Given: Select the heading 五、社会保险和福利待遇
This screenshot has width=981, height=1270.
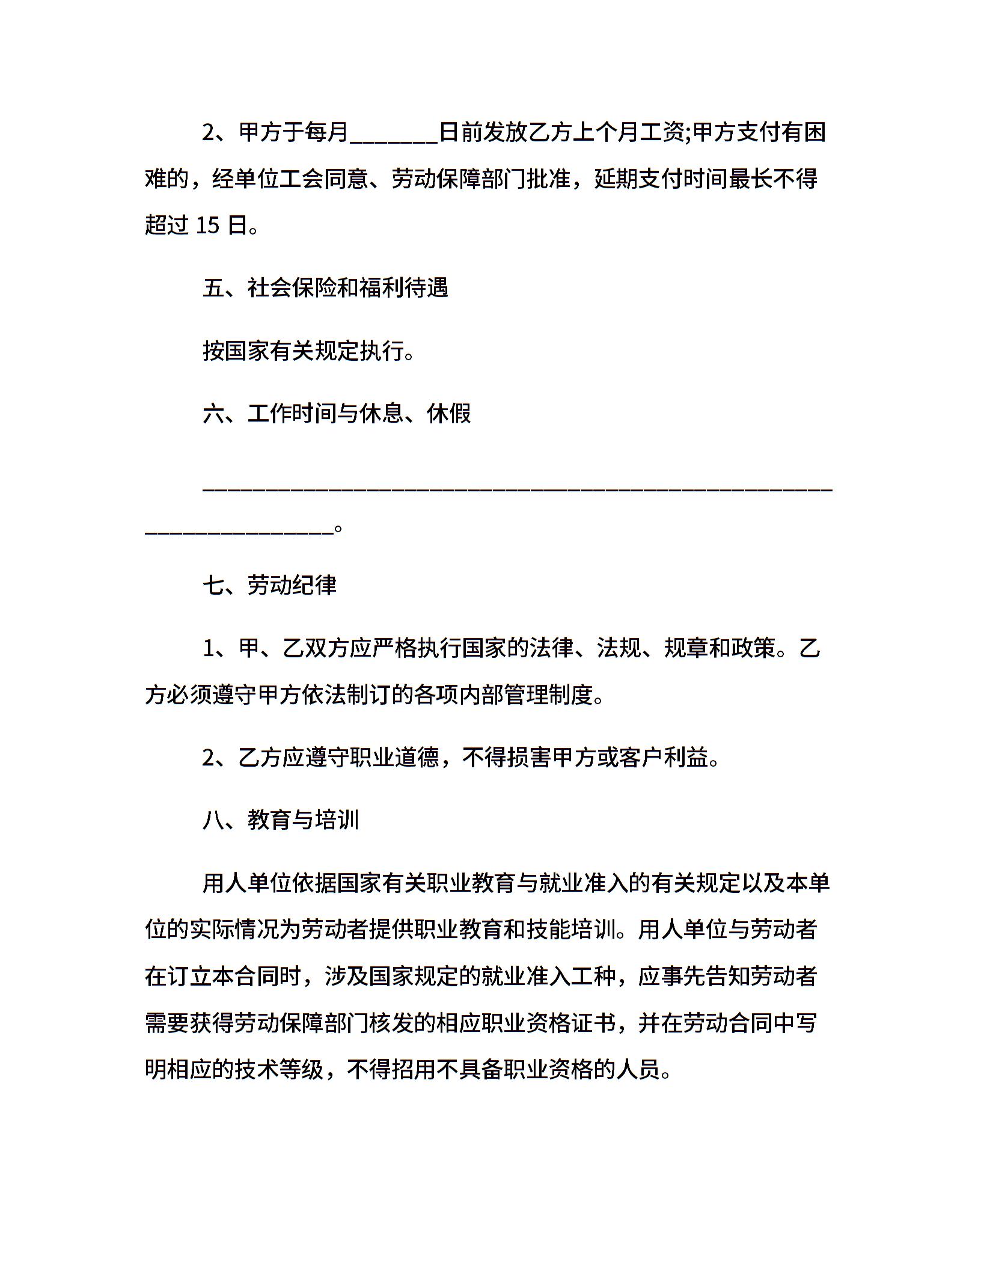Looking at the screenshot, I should [326, 288].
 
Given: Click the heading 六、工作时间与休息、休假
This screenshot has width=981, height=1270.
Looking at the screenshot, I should [337, 413].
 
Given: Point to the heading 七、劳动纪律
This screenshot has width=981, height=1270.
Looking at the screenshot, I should [270, 584].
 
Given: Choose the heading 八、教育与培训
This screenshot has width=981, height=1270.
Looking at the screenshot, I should [281, 820].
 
